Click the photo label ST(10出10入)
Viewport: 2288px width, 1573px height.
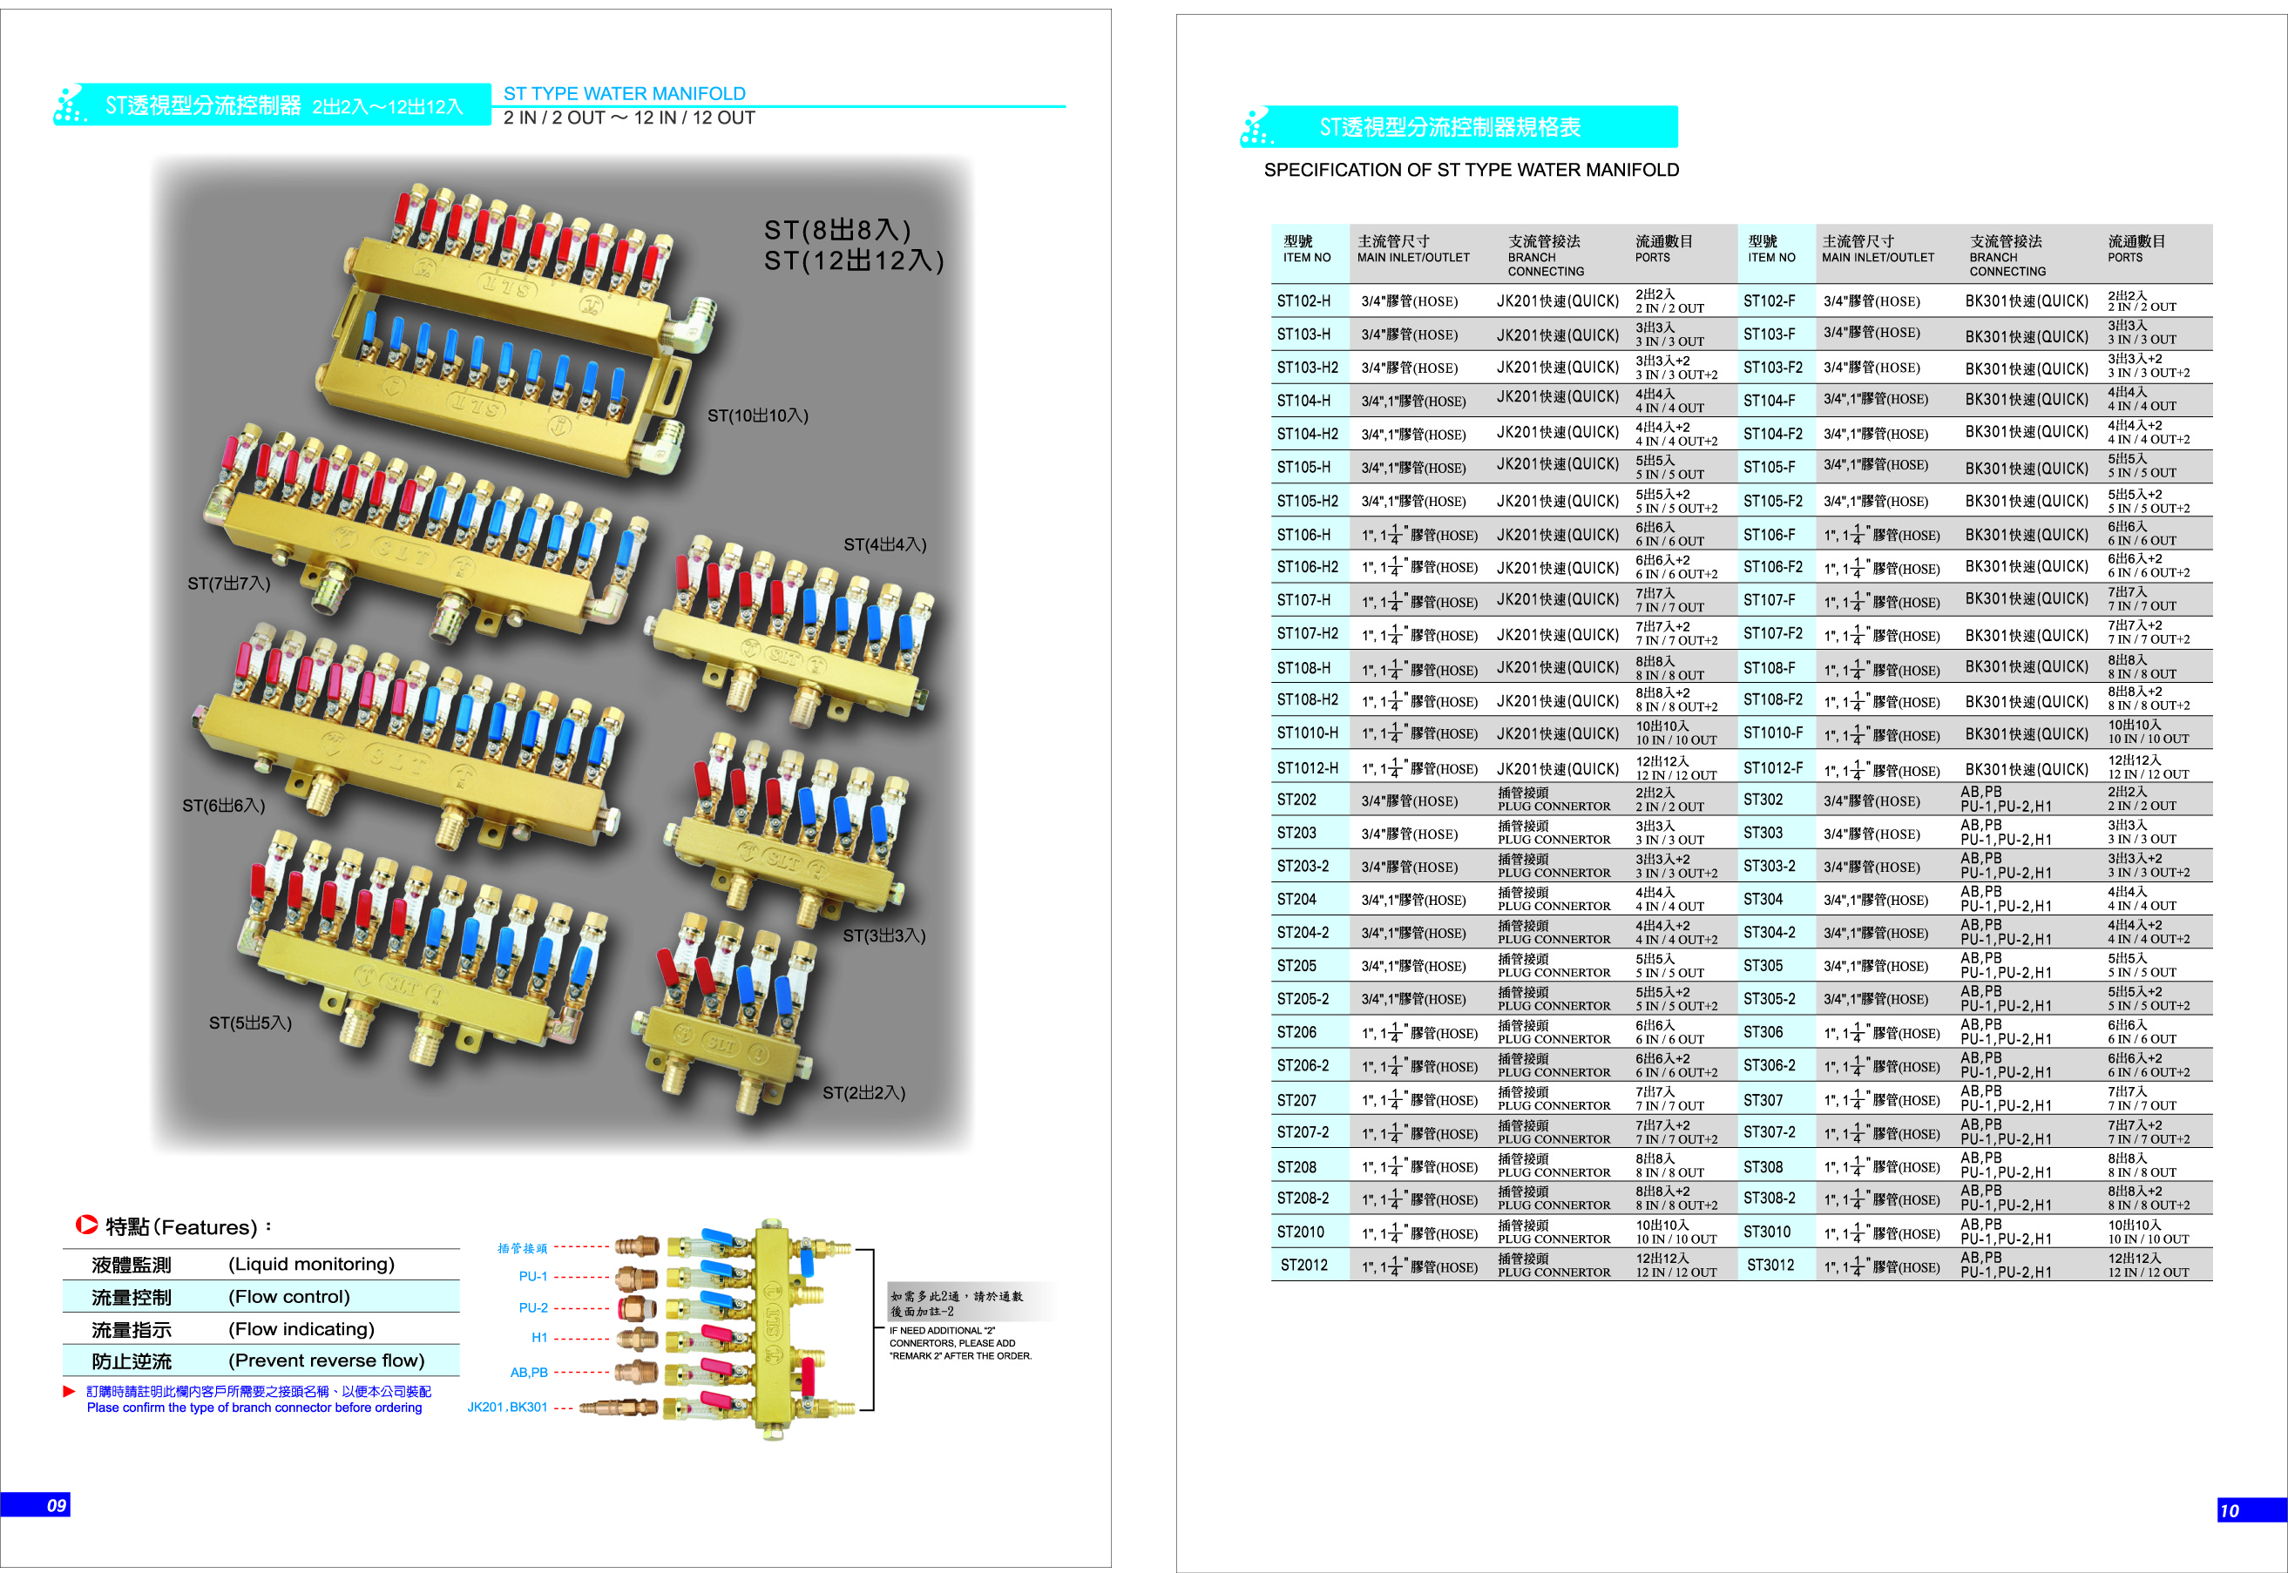757,416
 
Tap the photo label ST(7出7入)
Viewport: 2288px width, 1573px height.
228,584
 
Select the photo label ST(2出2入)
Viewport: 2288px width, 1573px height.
863,1093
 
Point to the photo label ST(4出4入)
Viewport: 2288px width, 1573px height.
884,545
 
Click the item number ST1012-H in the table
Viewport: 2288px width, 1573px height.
1307,769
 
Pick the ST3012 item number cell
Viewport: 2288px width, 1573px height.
1770,1266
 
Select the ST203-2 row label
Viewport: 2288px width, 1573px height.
1303,868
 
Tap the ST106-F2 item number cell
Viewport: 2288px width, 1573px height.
1772,568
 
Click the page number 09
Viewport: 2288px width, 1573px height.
56,1505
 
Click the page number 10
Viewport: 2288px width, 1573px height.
2229,1511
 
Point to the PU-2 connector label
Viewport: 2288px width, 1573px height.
533,1308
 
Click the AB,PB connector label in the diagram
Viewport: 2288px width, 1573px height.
528,1373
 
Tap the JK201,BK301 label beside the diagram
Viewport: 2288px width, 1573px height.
507,1408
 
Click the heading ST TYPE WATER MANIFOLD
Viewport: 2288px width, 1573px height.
624,94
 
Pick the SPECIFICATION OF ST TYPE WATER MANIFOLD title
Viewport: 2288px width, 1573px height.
1471,170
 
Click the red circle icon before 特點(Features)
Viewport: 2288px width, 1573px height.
87,1225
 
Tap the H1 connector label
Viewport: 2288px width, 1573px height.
539,1339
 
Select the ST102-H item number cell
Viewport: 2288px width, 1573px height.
1303,301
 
